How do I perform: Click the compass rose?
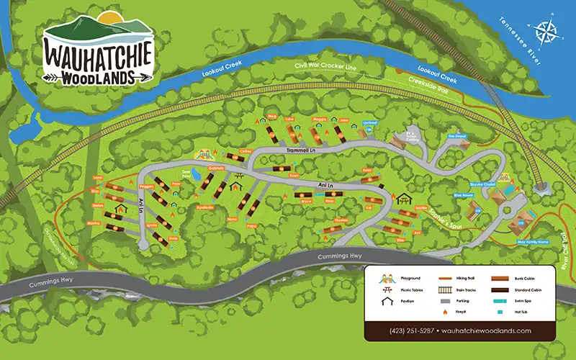point(546,33)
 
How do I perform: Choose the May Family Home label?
point(534,242)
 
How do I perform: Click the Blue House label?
point(463,194)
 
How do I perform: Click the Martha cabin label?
point(94,223)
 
